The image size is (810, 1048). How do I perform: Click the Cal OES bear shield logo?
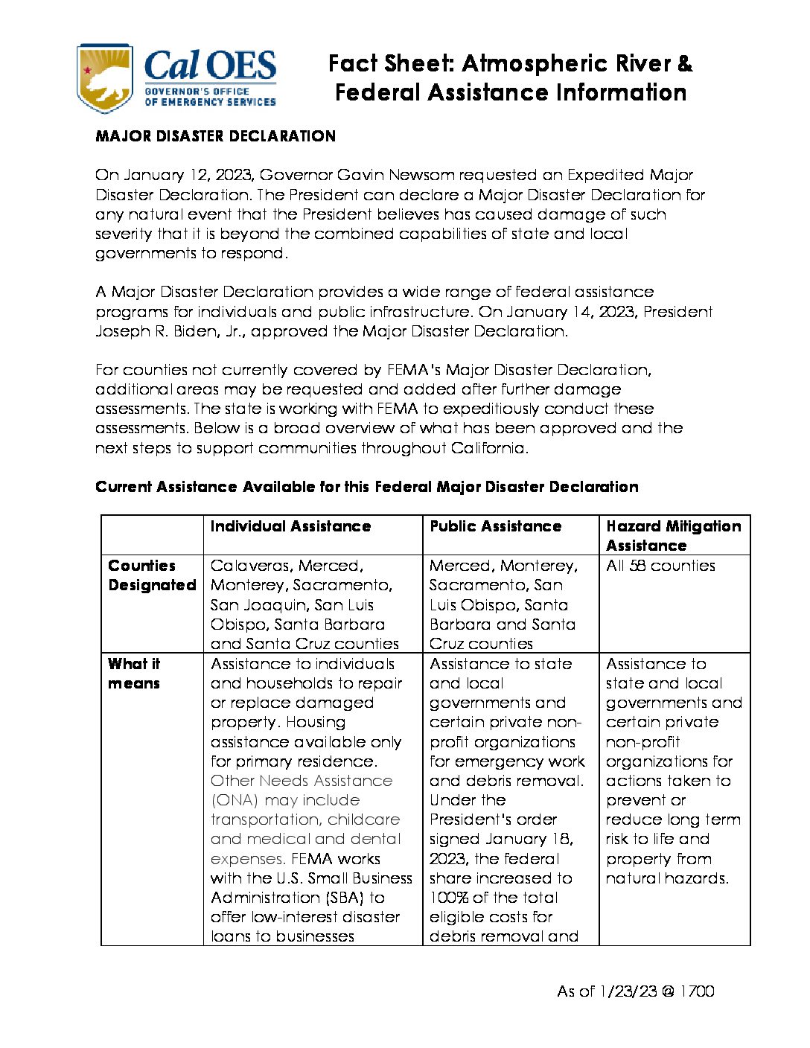click(x=105, y=78)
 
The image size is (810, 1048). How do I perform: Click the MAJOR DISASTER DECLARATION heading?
click(x=215, y=136)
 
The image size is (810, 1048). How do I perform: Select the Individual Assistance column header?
click(x=290, y=526)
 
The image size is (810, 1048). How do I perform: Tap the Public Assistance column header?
click(x=495, y=526)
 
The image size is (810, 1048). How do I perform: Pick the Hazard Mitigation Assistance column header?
click(x=673, y=536)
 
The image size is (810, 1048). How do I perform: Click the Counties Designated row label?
click(x=152, y=575)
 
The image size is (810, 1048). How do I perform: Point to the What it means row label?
click(x=134, y=674)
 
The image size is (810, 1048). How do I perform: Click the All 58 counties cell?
click(x=660, y=566)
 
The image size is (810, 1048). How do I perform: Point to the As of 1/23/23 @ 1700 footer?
click(x=635, y=991)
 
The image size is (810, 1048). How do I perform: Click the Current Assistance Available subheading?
click(x=366, y=487)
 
